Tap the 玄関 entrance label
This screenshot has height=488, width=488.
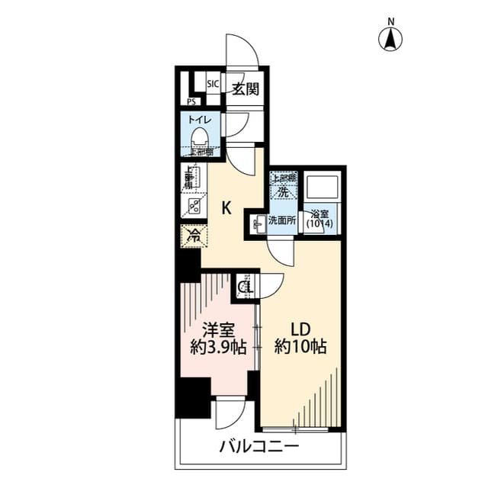pos(245,88)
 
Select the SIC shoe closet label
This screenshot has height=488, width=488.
pos(213,84)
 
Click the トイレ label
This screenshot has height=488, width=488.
pos(200,120)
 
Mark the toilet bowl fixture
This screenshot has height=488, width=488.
pos(200,138)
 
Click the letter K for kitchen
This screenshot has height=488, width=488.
pos(226,207)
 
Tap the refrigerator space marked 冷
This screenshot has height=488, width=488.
pos(194,235)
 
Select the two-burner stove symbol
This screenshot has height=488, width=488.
pos(194,206)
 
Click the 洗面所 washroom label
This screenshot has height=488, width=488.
pos(283,221)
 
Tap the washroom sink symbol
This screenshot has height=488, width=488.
pos(255,222)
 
